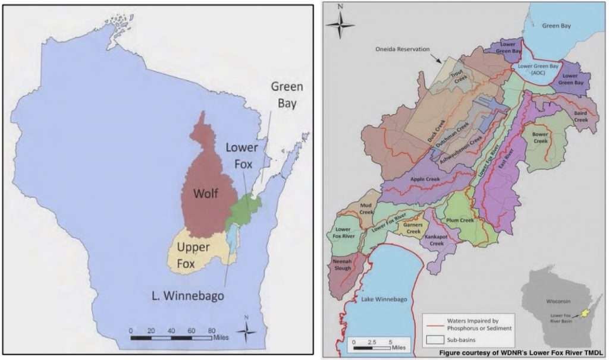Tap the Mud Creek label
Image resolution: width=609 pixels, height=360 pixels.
(366, 207)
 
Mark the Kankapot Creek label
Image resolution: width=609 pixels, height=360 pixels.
(437, 240)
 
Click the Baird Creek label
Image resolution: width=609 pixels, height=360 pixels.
(580, 116)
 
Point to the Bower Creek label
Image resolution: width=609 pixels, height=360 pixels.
(539, 138)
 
